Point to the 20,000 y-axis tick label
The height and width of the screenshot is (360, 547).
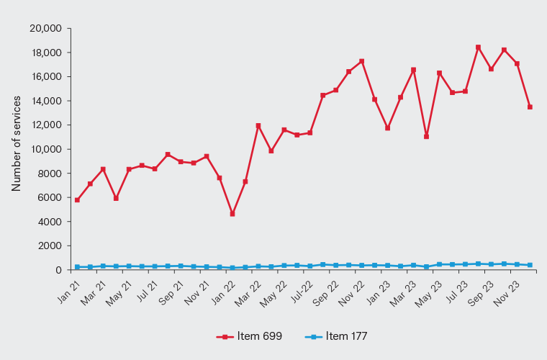tap(45, 29)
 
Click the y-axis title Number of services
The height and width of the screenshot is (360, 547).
tap(16, 149)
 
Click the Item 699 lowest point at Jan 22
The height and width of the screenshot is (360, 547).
tap(232, 214)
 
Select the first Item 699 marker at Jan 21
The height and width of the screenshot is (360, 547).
tap(77, 200)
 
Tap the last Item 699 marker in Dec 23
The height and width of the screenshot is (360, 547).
tap(530, 107)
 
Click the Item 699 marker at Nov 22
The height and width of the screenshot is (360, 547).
tap(361, 61)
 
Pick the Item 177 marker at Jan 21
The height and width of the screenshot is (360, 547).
tap(77, 267)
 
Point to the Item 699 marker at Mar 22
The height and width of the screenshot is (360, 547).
tap(258, 126)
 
